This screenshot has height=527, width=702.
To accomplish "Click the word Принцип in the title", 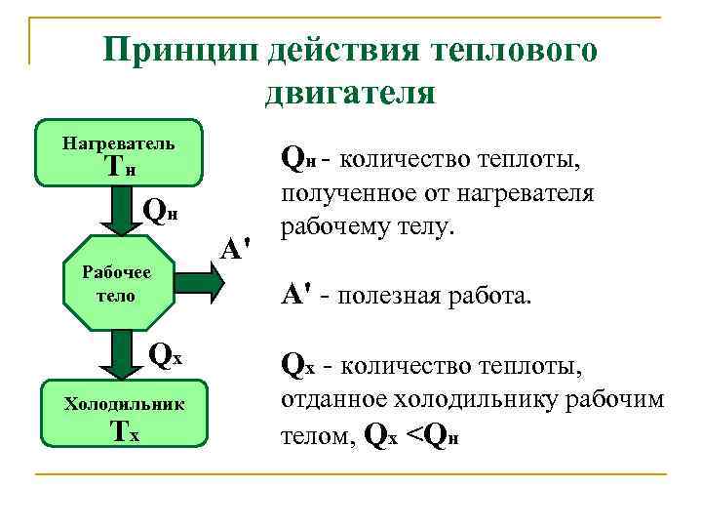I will [x=183, y=49].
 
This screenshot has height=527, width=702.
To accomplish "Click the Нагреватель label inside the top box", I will [x=118, y=143].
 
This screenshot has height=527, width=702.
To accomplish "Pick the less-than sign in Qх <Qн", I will [x=415, y=435].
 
